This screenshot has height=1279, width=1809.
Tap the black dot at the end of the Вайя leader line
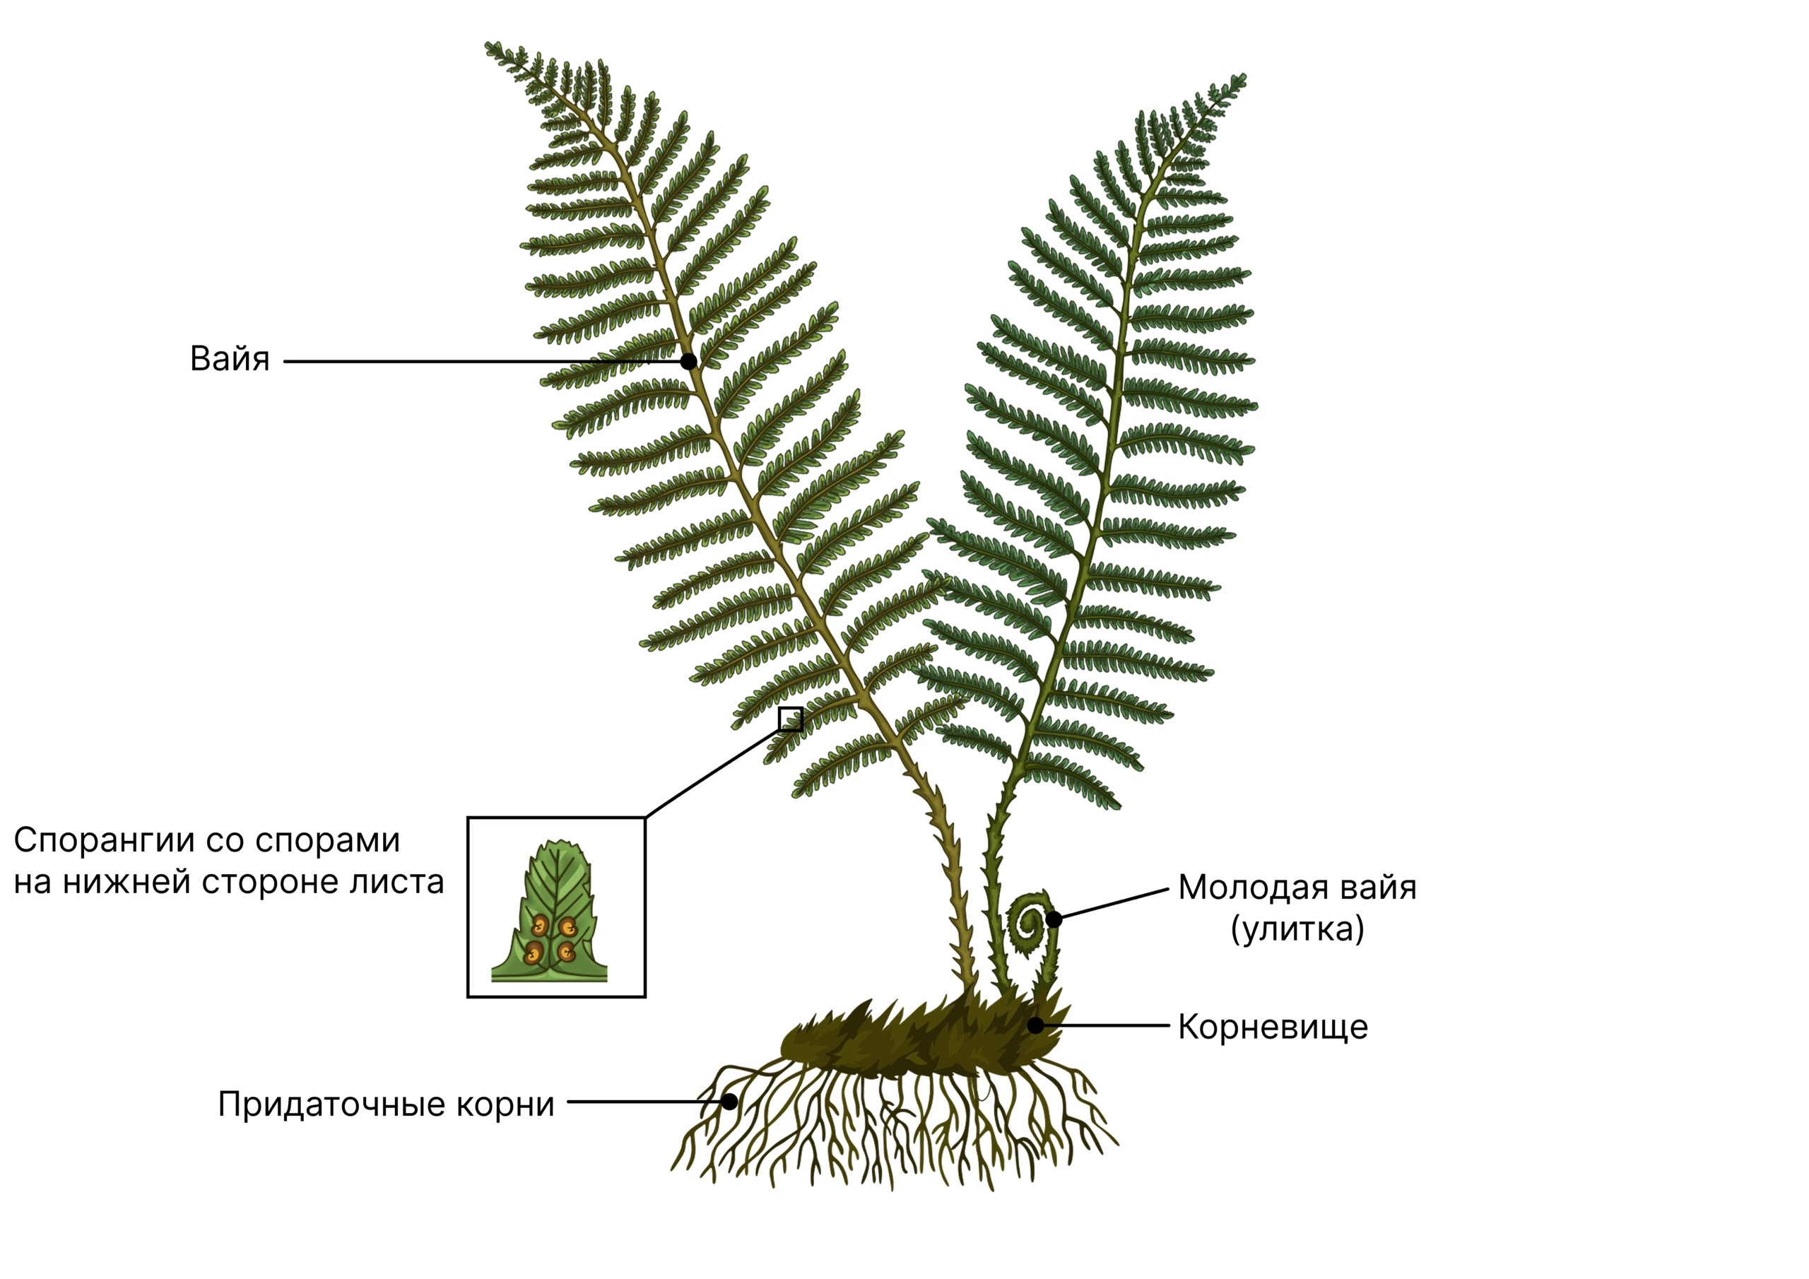click(x=688, y=362)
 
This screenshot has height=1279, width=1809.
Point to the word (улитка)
click(x=1297, y=930)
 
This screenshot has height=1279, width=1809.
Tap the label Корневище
click(x=1273, y=1027)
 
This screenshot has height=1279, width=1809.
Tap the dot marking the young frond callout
click(x=1054, y=919)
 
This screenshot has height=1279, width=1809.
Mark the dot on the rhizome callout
click(x=1036, y=1025)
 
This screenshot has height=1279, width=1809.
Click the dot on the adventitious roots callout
click(x=731, y=1102)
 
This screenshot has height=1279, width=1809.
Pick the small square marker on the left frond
click(x=790, y=719)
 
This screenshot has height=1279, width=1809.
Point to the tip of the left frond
click(x=486, y=44)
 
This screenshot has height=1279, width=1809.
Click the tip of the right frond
click(x=1245, y=76)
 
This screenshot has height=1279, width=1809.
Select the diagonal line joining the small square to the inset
click(x=712, y=774)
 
